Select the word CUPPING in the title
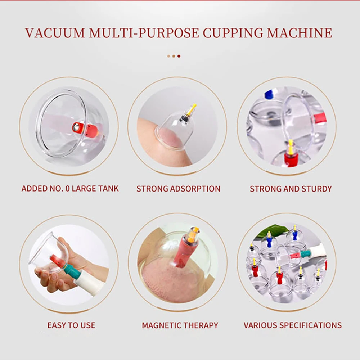coord(229,33)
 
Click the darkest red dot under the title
coord(179,56)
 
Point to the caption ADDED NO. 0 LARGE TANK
coord(70,189)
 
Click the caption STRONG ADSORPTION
coord(178,189)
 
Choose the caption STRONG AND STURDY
coord(291,189)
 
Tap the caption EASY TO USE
coord(71,325)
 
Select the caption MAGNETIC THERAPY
coord(180,325)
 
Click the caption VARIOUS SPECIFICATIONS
coord(292,325)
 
